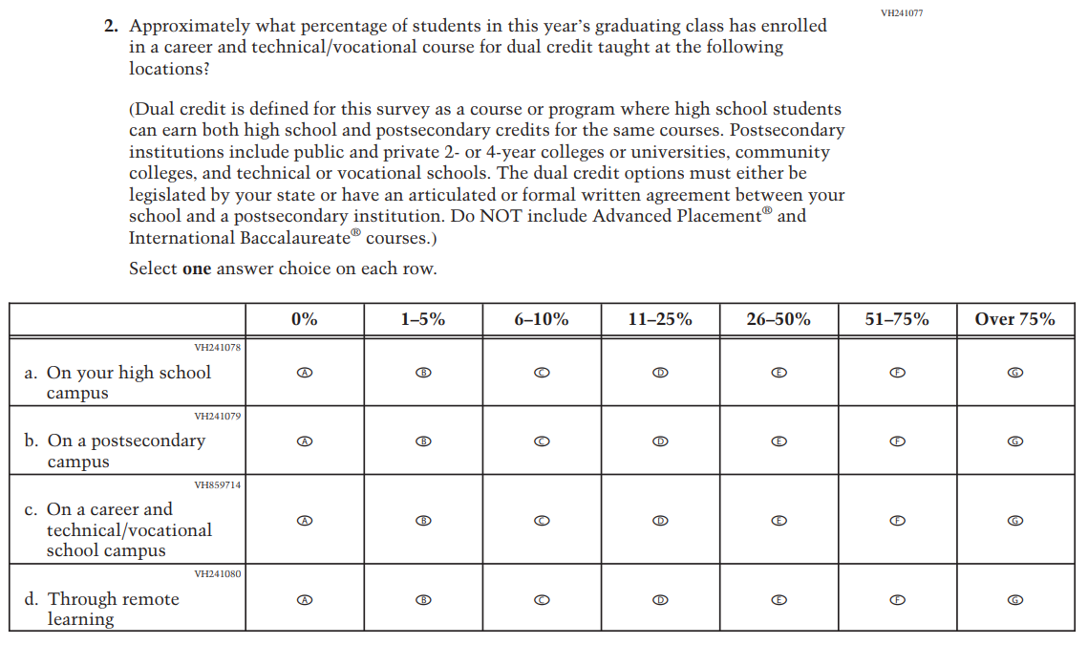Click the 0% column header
(305, 320)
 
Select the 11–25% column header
(660, 320)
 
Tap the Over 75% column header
(1014, 320)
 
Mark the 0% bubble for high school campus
(305, 373)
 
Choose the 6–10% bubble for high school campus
(542, 373)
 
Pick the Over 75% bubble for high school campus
(1015, 373)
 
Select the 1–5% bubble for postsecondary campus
(423, 441)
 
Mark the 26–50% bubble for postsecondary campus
(779, 441)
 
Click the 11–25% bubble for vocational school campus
(660, 521)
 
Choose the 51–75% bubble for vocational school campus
(897, 521)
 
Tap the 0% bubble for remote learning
(305, 600)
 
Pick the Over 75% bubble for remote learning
(1015, 600)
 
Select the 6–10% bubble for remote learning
(542, 600)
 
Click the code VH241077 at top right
(902, 12)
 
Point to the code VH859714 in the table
(217, 485)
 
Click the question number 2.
(111, 27)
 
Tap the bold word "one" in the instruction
(196, 269)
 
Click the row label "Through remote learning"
(113, 609)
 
